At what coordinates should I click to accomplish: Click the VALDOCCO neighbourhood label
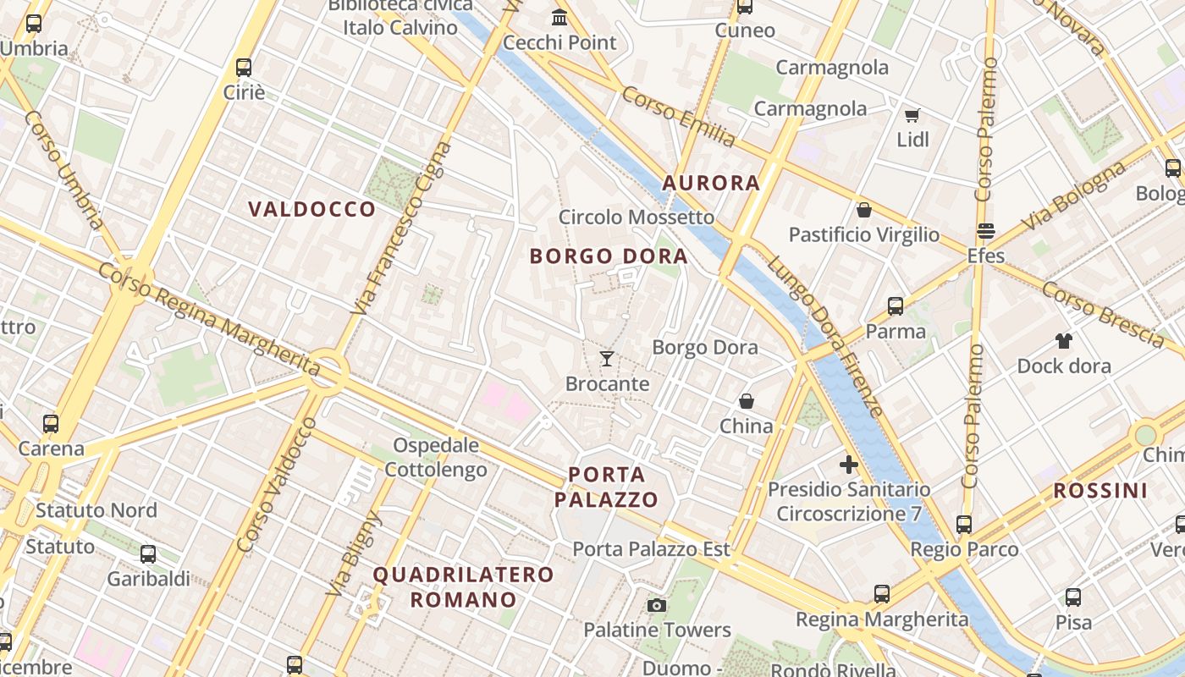(x=311, y=209)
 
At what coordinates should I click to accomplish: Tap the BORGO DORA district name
(x=608, y=256)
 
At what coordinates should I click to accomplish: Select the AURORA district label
(x=711, y=183)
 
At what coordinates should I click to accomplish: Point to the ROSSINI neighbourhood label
(x=1100, y=490)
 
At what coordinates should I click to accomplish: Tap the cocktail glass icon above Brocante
(x=607, y=359)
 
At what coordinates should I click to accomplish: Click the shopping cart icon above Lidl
(x=912, y=115)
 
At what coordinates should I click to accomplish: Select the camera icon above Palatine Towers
(x=656, y=605)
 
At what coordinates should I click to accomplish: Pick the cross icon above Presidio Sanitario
(x=848, y=464)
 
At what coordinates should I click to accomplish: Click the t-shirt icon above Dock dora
(x=1064, y=341)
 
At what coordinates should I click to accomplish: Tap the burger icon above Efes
(x=985, y=230)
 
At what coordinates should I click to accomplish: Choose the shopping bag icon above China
(x=746, y=401)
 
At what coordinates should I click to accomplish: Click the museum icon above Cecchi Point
(x=559, y=17)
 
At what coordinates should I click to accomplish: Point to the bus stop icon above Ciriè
(x=244, y=67)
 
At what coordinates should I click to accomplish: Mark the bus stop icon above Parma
(x=895, y=306)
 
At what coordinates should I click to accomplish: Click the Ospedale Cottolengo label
(x=437, y=457)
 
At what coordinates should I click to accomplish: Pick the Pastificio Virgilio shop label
(x=863, y=234)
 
